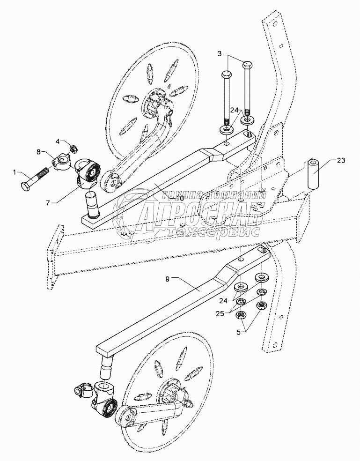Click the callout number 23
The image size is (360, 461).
pyautogui.click(x=341, y=161)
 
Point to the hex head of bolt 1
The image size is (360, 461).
pyautogui.click(x=26, y=186)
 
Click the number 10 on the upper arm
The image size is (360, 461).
pyautogui.click(x=180, y=198)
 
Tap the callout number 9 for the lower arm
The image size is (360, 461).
pyautogui.click(x=167, y=279)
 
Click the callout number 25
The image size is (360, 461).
pyautogui.click(x=220, y=313)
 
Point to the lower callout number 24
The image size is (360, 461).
pyautogui.click(x=223, y=301)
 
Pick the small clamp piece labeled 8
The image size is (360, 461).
pyautogui.click(x=61, y=162)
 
